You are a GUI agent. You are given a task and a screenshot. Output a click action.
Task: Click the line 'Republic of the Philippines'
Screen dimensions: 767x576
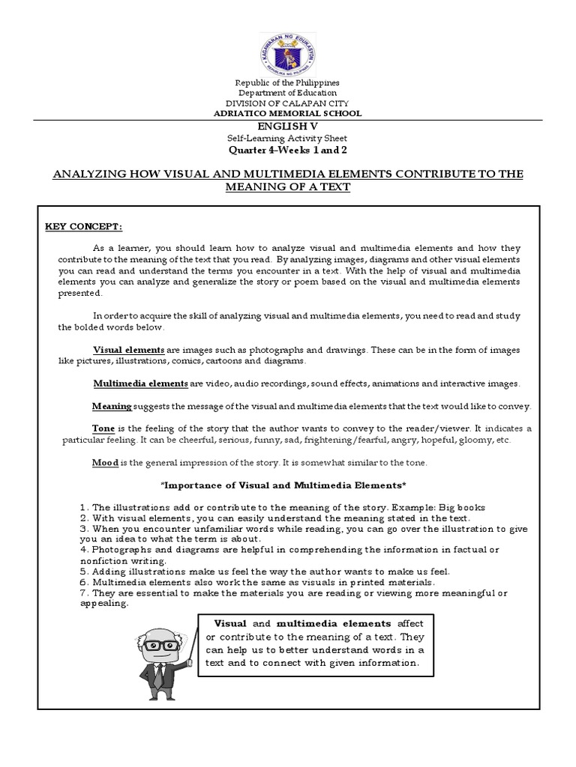(x=288, y=82)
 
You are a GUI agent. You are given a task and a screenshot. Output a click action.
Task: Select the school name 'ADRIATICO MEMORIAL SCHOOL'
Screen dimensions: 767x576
(x=288, y=114)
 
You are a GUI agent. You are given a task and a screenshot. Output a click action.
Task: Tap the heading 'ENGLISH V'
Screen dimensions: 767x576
(x=288, y=127)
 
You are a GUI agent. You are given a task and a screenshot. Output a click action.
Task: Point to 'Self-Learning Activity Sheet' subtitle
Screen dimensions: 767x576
(x=288, y=139)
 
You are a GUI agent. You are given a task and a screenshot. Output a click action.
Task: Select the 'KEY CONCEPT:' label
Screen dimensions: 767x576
(x=83, y=227)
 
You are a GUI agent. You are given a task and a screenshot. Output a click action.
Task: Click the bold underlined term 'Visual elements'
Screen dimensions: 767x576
(x=128, y=350)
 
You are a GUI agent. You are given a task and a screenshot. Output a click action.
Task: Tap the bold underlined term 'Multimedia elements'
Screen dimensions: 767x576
(x=140, y=383)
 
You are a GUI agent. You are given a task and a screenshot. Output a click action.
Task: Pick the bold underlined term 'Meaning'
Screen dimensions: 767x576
(x=112, y=406)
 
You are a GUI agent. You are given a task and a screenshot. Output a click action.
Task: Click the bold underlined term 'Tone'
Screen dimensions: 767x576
(x=103, y=428)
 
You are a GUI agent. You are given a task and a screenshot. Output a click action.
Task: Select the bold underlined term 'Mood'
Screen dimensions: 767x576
(x=106, y=462)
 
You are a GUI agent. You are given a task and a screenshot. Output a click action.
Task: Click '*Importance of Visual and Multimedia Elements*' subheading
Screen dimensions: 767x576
(x=288, y=486)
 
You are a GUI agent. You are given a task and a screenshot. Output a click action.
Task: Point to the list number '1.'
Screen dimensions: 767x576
(x=84, y=507)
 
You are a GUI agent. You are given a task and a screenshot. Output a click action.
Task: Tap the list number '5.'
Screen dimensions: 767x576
(x=84, y=572)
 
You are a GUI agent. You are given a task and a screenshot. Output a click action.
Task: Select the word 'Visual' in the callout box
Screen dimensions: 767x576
(x=230, y=623)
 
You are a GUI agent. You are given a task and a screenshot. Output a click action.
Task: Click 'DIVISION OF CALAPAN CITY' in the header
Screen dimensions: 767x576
(x=288, y=103)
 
